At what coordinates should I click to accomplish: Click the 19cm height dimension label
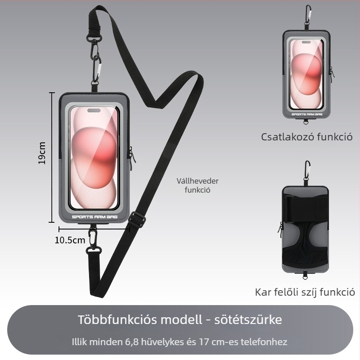(42, 153)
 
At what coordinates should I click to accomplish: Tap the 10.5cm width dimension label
(70, 240)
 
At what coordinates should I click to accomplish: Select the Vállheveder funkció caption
(198, 185)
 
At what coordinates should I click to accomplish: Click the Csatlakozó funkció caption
(306, 137)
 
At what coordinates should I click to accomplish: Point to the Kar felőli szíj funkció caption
(305, 292)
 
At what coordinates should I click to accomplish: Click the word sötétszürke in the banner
(248, 319)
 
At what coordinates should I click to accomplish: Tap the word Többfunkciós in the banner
(117, 319)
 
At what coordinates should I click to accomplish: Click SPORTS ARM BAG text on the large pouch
(94, 217)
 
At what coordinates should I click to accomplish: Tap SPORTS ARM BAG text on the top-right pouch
(307, 114)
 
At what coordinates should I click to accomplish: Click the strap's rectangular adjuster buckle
(137, 220)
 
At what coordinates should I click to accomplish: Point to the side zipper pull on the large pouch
(132, 156)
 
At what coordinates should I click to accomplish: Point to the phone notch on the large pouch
(94, 111)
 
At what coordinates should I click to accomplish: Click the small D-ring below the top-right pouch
(306, 122)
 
